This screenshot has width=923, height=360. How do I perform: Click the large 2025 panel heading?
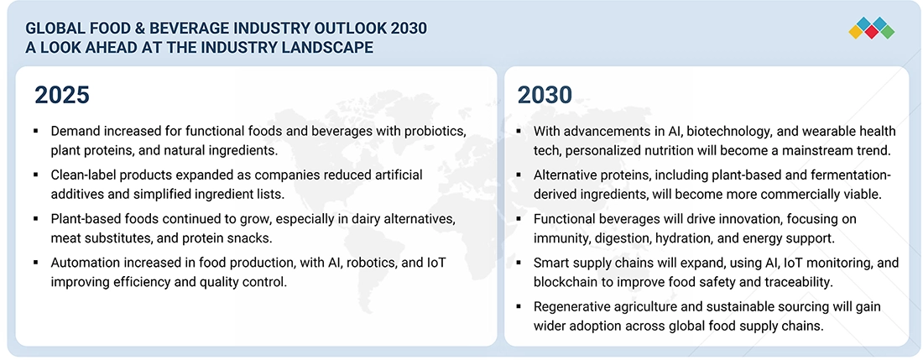(x=61, y=95)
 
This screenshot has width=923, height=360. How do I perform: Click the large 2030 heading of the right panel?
(x=545, y=95)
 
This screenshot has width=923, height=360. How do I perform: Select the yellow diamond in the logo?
(x=857, y=32)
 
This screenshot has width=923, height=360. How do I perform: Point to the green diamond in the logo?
(x=887, y=32)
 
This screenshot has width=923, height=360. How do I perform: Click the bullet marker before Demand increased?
(x=36, y=133)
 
